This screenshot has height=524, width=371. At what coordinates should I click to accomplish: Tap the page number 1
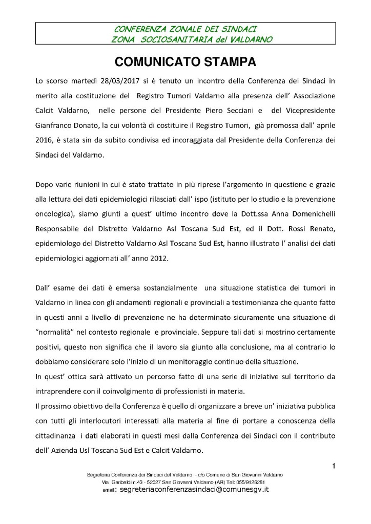point(334,465)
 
